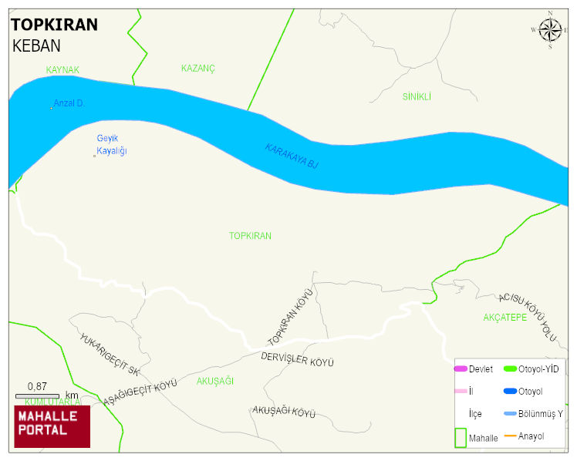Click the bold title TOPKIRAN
pyautogui.click(x=54, y=25)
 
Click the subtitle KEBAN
pyautogui.click(x=36, y=45)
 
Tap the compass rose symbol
pyautogui.click(x=550, y=30)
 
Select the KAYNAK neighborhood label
pyautogui.click(x=62, y=70)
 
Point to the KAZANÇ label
pyautogui.click(x=197, y=69)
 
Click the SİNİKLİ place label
pyautogui.click(x=417, y=97)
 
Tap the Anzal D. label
pyautogui.click(x=69, y=103)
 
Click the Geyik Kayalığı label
pyautogui.click(x=111, y=144)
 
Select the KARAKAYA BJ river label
pyautogui.click(x=292, y=156)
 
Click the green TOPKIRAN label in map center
pyautogui.click(x=250, y=236)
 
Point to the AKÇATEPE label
pyautogui.click(x=504, y=318)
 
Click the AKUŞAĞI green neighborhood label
pyautogui.click(x=215, y=381)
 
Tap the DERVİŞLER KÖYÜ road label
pyautogui.click(x=297, y=360)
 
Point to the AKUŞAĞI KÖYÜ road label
pyautogui.click(x=284, y=412)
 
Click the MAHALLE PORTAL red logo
pyautogui.click(x=52, y=426)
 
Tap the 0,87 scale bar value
pyautogui.click(x=36, y=386)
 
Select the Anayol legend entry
pyautogui.click(x=531, y=436)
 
